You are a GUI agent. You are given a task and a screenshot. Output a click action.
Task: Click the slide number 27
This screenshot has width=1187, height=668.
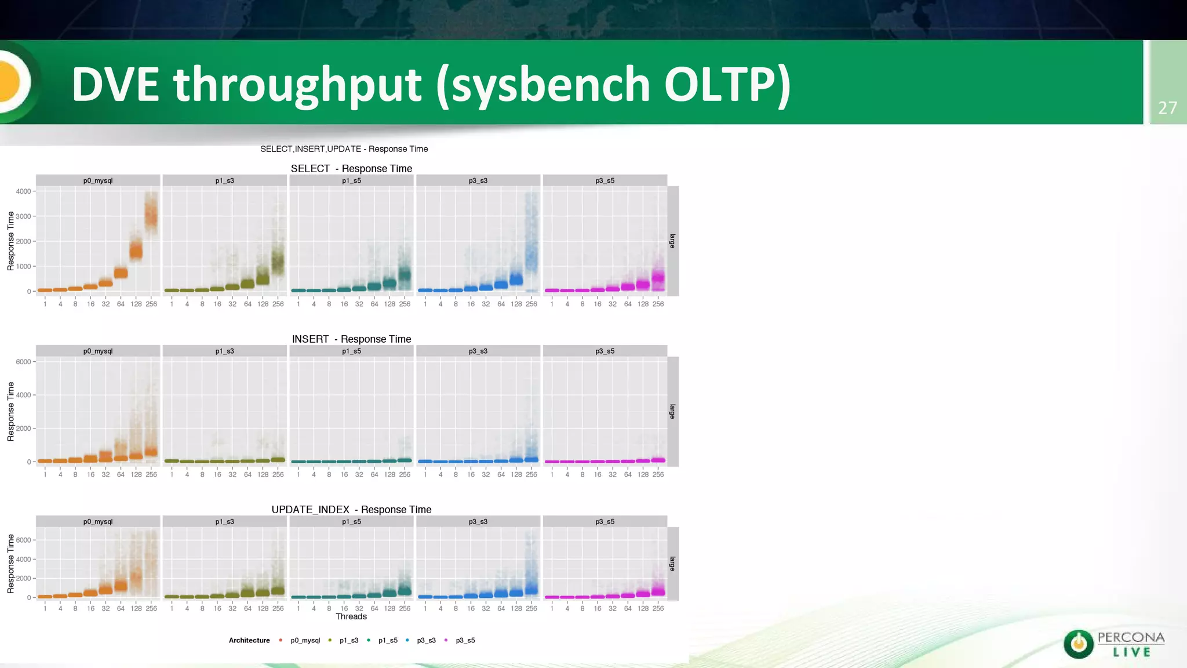[1167, 108]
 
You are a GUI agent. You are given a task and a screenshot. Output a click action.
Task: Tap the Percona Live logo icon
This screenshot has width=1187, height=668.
[1078, 644]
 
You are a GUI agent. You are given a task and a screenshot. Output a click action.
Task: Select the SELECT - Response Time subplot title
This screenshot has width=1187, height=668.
[351, 169]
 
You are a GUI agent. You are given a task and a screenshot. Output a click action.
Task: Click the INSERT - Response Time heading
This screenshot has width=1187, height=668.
[351, 339]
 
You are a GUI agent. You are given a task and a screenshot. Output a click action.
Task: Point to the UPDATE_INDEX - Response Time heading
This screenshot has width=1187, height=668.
[351, 510]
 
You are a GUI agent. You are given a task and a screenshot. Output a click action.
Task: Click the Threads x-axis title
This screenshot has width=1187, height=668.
[351, 616]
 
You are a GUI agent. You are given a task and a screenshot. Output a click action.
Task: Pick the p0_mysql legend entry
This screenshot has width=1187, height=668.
[305, 640]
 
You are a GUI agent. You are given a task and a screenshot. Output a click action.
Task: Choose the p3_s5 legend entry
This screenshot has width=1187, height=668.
[465, 640]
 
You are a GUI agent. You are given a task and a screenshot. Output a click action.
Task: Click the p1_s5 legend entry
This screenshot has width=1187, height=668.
[388, 640]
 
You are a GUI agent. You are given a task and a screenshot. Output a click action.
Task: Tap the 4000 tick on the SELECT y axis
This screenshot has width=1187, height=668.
[23, 191]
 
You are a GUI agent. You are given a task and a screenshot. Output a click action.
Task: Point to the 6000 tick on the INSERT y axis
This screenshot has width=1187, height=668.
[23, 362]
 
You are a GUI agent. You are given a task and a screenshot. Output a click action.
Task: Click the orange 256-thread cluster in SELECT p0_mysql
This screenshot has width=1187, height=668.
[151, 216]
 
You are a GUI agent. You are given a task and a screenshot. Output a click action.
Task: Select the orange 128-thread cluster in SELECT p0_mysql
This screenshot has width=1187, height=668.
[136, 251]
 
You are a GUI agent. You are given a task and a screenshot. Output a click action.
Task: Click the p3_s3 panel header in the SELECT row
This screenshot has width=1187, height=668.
[478, 181]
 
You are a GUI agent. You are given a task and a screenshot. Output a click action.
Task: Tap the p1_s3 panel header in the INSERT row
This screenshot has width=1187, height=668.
[225, 351]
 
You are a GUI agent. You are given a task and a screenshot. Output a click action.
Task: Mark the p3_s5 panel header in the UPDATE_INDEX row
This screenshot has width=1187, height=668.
[605, 522]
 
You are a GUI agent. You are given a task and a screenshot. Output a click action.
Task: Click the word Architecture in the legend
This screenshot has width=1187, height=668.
[249, 640]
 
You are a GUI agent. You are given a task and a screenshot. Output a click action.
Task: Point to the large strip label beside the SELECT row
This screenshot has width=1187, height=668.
[672, 241]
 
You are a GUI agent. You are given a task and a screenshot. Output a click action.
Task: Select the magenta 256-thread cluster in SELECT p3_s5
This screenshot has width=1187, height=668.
[658, 277]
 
